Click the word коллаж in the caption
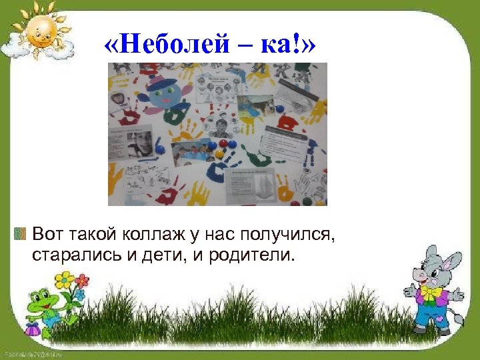(x=147, y=234)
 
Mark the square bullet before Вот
(x=19, y=234)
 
